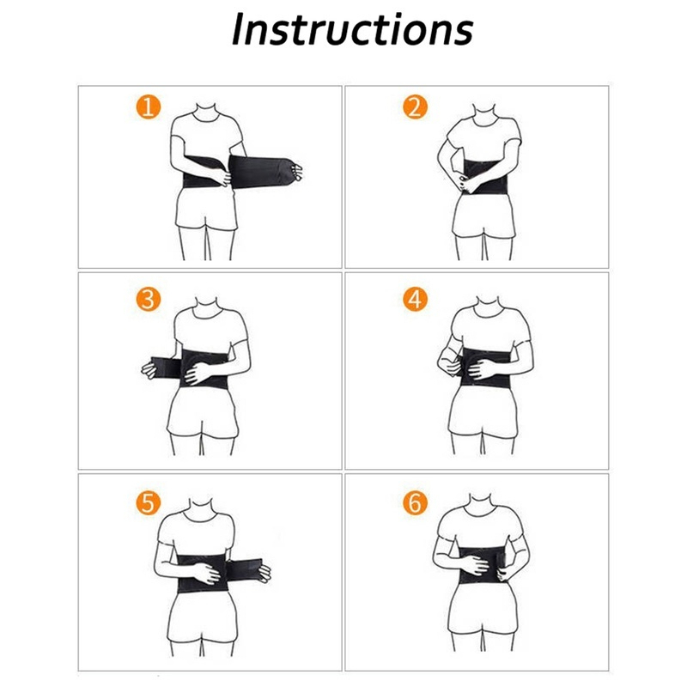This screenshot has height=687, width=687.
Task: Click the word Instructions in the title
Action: point(352,29)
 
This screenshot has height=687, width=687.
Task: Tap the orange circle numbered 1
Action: point(149,106)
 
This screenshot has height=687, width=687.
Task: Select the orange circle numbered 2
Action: point(415,106)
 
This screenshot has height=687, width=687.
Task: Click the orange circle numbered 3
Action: point(149,300)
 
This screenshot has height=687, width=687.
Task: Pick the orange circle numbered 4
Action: point(415,300)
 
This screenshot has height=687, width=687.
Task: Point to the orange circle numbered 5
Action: point(149,503)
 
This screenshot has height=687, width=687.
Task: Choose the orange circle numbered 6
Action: point(415,503)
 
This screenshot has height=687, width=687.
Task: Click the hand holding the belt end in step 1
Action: point(296,171)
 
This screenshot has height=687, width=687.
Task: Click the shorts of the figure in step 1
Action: point(206,209)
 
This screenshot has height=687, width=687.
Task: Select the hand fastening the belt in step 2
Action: point(465,183)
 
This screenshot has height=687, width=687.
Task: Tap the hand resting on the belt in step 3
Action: point(198,373)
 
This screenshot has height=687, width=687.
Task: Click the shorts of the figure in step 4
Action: point(483,412)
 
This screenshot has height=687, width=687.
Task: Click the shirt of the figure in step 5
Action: point(196,533)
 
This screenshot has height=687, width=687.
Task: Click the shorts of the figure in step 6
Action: point(483,608)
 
